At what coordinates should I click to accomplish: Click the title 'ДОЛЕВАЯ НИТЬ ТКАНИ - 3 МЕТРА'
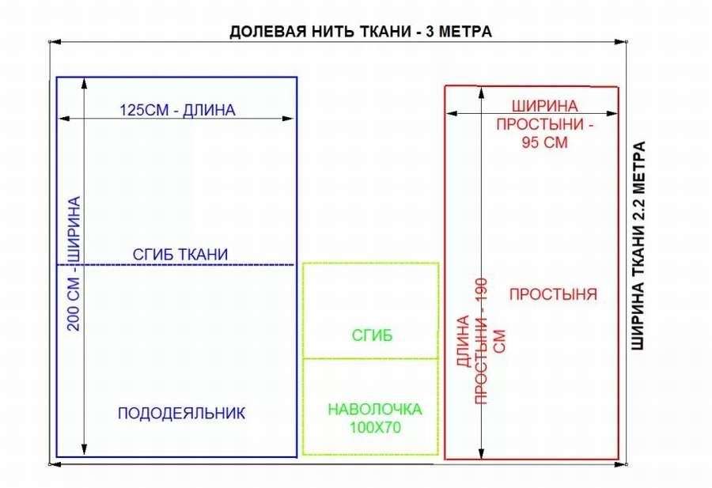pyautogui.click(x=361, y=32)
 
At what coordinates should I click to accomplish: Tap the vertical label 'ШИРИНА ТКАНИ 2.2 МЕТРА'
pyautogui.click(x=638, y=246)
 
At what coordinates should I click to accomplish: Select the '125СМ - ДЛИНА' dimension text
pyautogui.click(x=177, y=110)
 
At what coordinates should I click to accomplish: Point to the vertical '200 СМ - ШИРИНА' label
pyautogui.click(x=74, y=263)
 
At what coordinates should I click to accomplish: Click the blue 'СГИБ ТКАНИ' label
pyautogui.click(x=180, y=254)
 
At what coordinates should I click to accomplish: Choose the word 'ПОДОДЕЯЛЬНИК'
pyautogui.click(x=181, y=413)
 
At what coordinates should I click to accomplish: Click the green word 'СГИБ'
pyautogui.click(x=372, y=335)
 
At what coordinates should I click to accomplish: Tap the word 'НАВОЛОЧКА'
pyautogui.click(x=375, y=410)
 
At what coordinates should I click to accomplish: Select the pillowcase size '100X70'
pyautogui.click(x=375, y=428)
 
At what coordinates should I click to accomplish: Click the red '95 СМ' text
pyautogui.click(x=544, y=142)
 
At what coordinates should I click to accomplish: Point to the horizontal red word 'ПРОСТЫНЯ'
pyautogui.click(x=553, y=294)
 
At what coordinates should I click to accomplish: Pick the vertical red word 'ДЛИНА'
pyautogui.click(x=463, y=341)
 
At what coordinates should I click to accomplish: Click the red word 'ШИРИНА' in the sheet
pyautogui.click(x=544, y=106)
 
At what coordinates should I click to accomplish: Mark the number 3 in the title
pyautogui.click(x=430, y=32)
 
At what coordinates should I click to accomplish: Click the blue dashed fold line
pyautogui.click(x=176, y=265)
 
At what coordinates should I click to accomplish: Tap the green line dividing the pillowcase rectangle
pyautogui.click(x=370, y=358)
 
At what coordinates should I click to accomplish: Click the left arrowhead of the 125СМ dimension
pyautogui.click(x=63, y=119)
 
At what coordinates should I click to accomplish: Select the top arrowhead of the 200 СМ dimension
pyautogui.click(x=84, y=83)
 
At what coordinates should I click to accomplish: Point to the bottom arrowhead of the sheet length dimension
pyautogui.click(x=482, y=453)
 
